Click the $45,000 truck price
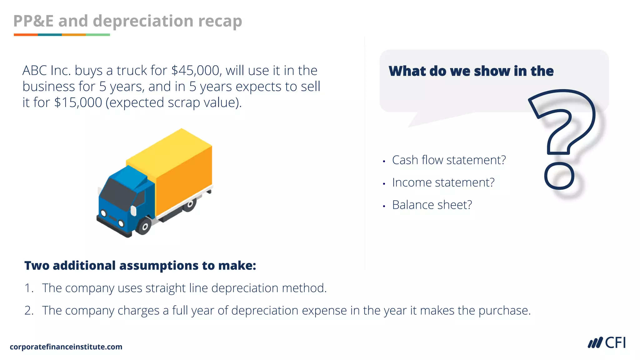tap(196, 71)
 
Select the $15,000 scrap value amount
tap(78, 102)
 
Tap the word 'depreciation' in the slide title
tap(143, 21)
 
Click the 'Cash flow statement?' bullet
tap(449, 160)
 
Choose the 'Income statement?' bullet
tap(443, 182)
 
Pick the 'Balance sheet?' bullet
tap(432, 205)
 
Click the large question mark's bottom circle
tap(559, 176)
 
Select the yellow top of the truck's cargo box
tap(169, 150)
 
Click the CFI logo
tap(607, 342)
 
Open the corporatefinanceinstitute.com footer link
tap(66, 347)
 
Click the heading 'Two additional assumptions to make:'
tap(140, 266)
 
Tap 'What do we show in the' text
tap(471, 71)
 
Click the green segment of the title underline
tap(98, 35)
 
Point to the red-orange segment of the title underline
tap(26, 35)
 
